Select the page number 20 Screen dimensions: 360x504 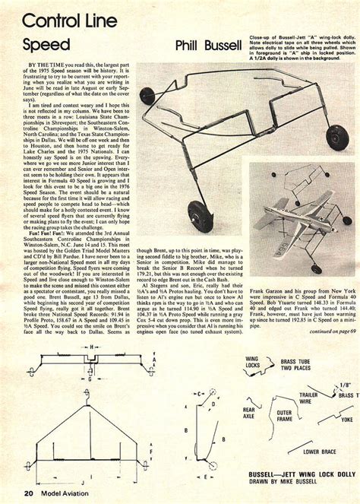(x=27, y=493)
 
